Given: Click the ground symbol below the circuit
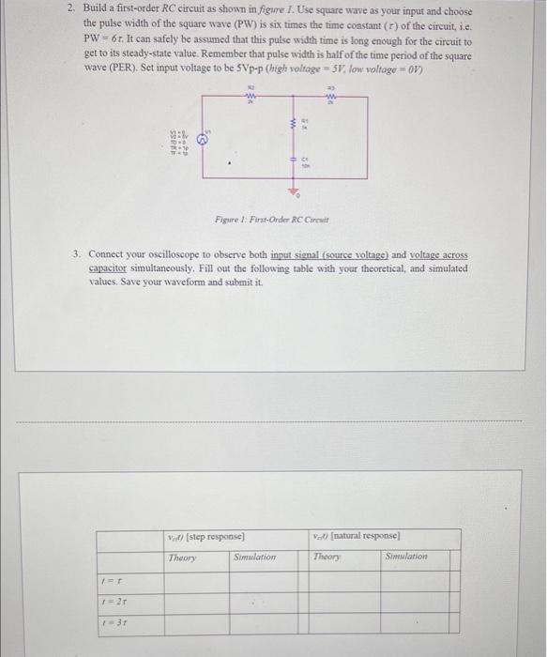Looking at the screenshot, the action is pos(292,191).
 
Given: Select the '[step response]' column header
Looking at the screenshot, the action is pos(205,537).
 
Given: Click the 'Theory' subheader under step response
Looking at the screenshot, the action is pos(183,557).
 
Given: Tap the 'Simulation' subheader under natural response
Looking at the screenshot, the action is pos(405,557).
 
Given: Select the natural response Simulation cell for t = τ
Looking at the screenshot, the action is pos(407,581).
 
